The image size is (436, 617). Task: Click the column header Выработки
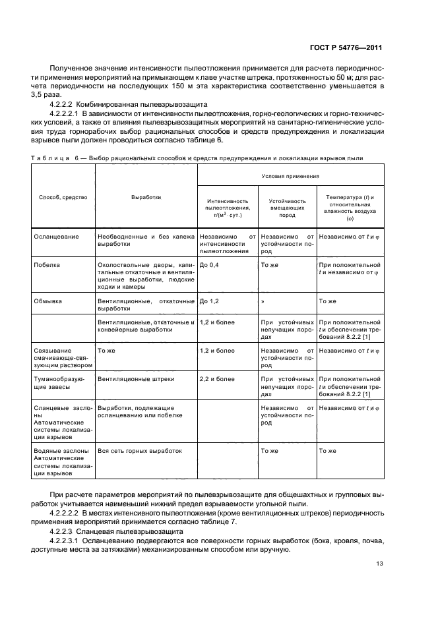point(146,197)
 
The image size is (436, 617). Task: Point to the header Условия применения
point(290,176)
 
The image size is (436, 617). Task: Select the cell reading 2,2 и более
point(217,379)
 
